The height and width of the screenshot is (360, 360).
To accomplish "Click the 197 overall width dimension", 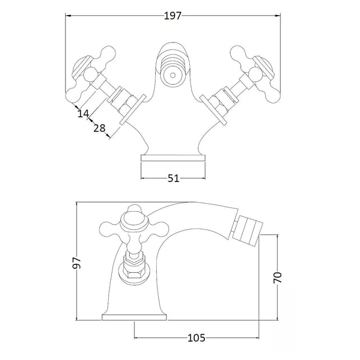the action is (172, 16).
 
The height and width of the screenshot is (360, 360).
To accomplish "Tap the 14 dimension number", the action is (83, 114).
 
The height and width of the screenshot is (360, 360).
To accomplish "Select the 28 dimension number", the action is (99, 128).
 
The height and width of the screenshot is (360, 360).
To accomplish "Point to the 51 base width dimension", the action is (174, 178).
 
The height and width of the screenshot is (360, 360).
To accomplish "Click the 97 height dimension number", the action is (77, 263).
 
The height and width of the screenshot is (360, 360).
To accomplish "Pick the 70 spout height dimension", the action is (277, 277).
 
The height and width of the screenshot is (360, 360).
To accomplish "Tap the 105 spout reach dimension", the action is (197, 338).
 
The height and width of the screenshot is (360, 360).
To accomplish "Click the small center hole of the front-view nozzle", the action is (173, 75).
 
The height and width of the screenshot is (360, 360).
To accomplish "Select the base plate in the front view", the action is (173, 158).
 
